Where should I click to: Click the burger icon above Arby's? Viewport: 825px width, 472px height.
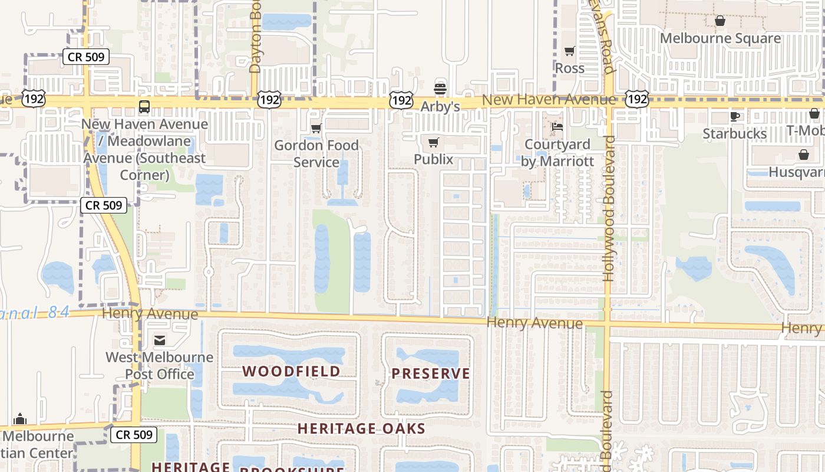[x=440, y=89]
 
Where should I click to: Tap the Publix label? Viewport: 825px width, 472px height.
[x=434, y=159]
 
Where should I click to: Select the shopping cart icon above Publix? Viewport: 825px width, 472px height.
[x=434, y=142]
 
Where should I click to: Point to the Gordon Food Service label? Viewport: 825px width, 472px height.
[x=316, y=153]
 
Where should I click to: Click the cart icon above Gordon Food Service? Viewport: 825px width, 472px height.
[x=316, y=128]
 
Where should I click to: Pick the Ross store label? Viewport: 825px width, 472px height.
[x=570, y=68]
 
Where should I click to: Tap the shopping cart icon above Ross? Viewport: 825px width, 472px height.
[x=570, y=51]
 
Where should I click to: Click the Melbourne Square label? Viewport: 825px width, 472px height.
[x=720, y=39]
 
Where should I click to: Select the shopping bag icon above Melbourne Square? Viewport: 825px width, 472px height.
[x=720, y=21]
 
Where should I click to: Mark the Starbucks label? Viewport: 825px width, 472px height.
[x=735, y=134]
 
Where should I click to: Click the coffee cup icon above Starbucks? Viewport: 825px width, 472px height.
[x=735, y=116]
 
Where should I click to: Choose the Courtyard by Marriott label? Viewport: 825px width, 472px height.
[x=557, y=153]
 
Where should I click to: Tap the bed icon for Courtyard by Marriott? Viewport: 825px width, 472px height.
[x=557, y=126]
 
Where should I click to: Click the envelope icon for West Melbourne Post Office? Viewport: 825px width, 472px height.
[x=160, y=340]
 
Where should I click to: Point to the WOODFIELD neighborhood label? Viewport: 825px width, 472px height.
[x=292, y=371]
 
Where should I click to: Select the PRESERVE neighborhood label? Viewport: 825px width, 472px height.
[x=431, y=373]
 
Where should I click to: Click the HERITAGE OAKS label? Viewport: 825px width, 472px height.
[x=361, y=428]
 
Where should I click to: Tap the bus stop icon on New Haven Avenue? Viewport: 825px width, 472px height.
[x=144, y=107]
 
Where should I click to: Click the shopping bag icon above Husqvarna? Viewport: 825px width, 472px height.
[x=804, y=155]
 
